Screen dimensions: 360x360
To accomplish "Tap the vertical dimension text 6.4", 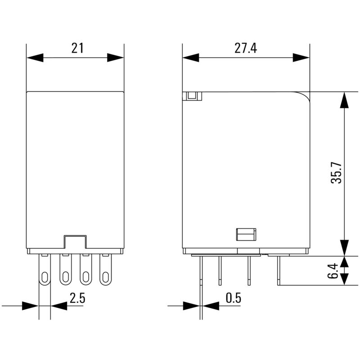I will [x=333, y=270].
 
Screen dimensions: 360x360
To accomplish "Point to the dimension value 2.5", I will [x=77, y=297].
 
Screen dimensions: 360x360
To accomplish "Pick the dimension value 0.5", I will [x=233, y=297].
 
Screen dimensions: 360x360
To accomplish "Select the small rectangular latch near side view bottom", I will [x=246, y=234].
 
